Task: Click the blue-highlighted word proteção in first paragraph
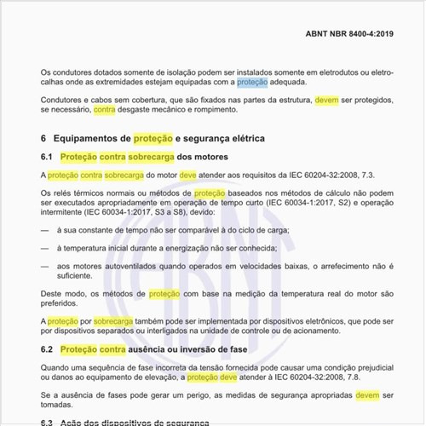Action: pyautogui.click(x=252, y=83)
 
